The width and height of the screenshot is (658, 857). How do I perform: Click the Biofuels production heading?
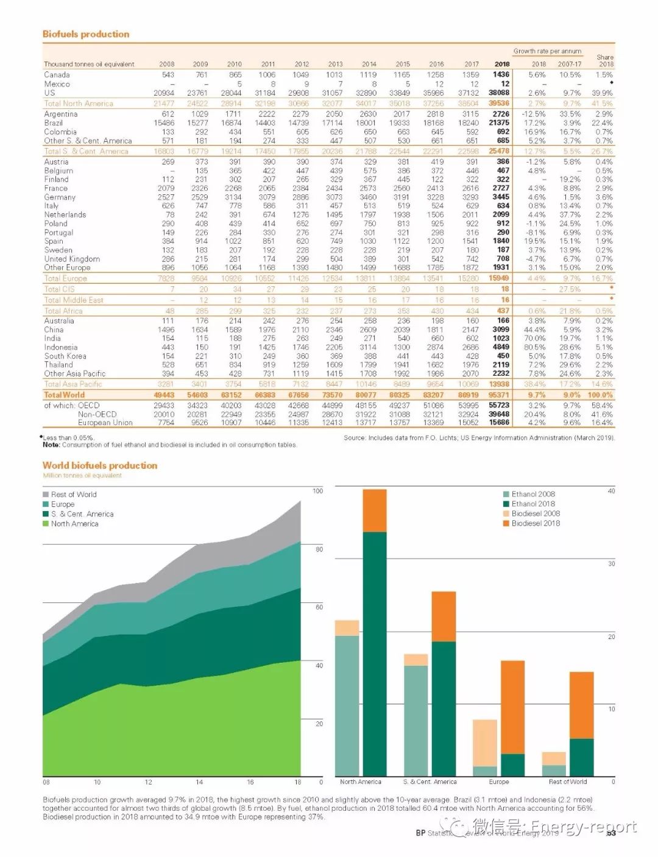tap(86, 34)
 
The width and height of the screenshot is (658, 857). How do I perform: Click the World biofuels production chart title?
tap(100, 465)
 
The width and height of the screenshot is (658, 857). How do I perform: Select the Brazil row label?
tap(54, 122)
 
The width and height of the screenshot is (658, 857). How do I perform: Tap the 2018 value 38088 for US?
tap(499, 93)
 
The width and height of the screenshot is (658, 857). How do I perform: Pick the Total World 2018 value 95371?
tap(499, 395)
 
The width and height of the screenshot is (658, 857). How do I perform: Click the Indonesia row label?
tap(61, 347)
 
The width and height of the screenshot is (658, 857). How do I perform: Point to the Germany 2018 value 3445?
tap(501, 197)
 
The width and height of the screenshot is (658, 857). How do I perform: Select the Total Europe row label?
tap(65, 278)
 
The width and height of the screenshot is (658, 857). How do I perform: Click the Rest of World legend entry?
tap(73, 495)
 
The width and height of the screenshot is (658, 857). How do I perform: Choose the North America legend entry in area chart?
tap(74, 524)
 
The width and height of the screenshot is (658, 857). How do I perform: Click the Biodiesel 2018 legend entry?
tap(535, 523)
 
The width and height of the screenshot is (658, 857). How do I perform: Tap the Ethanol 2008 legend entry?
tap(532, 494)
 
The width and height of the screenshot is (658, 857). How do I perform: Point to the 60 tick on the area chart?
tap(319, 607)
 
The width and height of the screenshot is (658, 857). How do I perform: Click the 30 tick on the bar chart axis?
tap(611, 564)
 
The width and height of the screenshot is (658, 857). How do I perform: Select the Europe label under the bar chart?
tap(499, 781)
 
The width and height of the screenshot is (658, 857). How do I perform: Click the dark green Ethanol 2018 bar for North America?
tap(375, 652)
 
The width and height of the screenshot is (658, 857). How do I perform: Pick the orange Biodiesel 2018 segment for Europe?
tap(513, 707)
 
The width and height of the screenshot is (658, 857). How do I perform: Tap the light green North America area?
tap(171, 731)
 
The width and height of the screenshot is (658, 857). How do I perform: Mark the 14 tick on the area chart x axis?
tap(199, 782)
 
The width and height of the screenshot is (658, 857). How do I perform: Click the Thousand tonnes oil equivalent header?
tap(89, 64)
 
